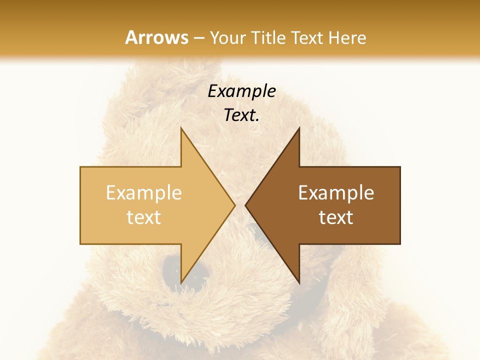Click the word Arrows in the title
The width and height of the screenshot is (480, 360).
pos(157,37)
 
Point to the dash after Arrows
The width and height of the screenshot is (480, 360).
pos(199,38)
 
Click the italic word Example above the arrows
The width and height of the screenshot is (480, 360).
pos(241,91)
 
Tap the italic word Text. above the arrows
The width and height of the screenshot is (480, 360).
pos(241,115)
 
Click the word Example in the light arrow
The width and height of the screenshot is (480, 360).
pos(144,192)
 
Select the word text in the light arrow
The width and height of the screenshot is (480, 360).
pos(144,217)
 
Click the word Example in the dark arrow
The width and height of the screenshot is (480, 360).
pos(336,192)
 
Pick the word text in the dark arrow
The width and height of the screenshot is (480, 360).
pos(336,217)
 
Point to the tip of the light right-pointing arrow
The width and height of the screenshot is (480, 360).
pos(235,205)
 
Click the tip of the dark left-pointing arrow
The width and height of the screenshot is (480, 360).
pos(245,205)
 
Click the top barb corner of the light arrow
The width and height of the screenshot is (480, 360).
pos(181,128)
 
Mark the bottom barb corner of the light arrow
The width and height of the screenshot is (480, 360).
pos(181,282)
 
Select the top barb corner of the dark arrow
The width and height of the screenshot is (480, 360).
pos(299,128)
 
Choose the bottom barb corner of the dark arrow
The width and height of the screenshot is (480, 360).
pos(299,282)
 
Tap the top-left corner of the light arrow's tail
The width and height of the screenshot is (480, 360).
pos(80,167)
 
